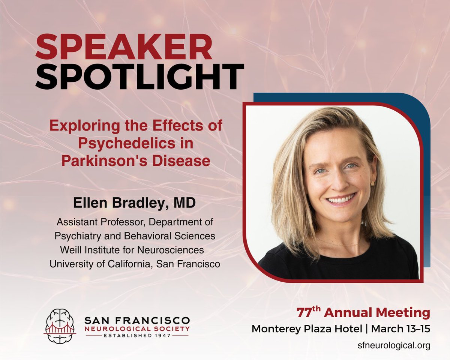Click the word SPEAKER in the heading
click(x=124, y=48)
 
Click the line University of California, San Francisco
click(x=134, y=264)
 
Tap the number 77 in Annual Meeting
click(x=303, y=313)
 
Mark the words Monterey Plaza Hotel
click(x=307, y=328)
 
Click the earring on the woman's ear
click(x=373, y=183)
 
